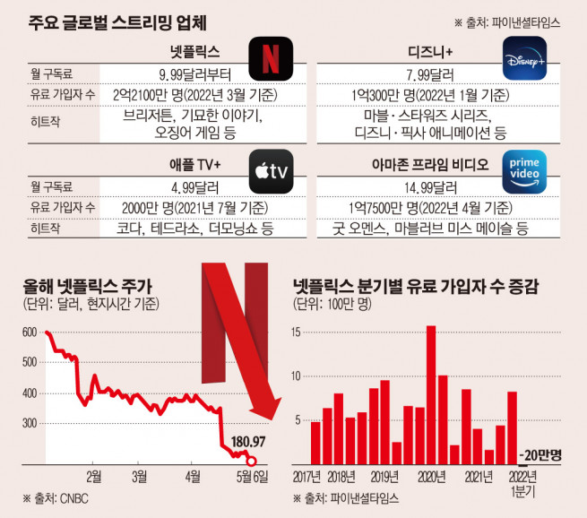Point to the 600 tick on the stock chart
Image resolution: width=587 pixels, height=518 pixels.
pyautogui.click(x=29, y=332)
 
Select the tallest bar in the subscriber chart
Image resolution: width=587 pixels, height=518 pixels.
pyautogui.click(x=431, y=394)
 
